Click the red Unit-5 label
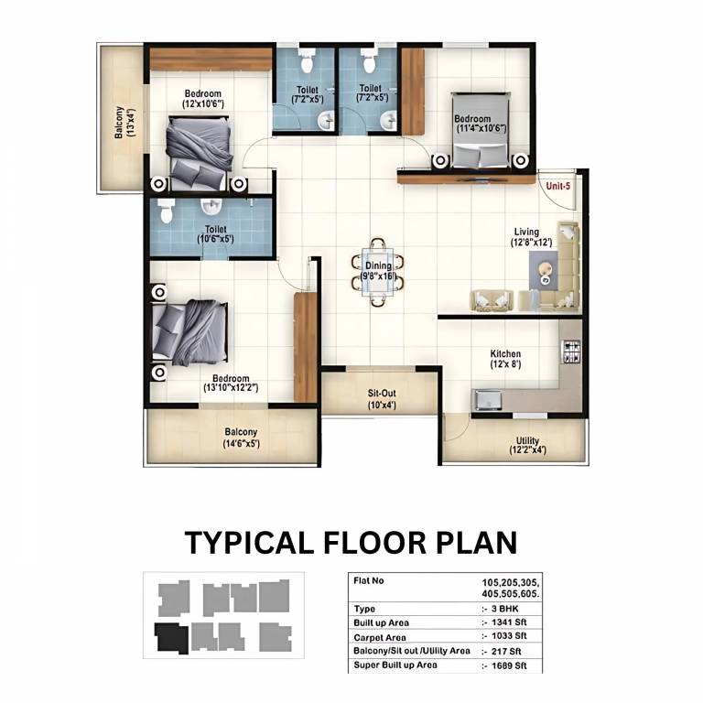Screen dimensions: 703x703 pos(558,186)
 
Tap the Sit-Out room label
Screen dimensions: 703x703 pos(382,399)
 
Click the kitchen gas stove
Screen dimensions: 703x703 pos(571,351)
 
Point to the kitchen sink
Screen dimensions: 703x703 pos(488,399)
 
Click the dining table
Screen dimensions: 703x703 pos(378,272)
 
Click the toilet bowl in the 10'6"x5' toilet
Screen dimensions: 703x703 pos(166,211)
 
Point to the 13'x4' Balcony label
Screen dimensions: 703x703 pos(124,122)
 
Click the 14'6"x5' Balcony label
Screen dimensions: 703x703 pos(242,438)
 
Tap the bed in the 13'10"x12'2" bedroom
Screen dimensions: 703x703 pos(189,332)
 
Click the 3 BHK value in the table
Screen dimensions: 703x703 pos(505,609)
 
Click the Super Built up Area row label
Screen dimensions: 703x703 pos(395,665)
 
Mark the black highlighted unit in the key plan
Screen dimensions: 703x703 pos(171,637)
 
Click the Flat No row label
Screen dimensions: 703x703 pos(369,581)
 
